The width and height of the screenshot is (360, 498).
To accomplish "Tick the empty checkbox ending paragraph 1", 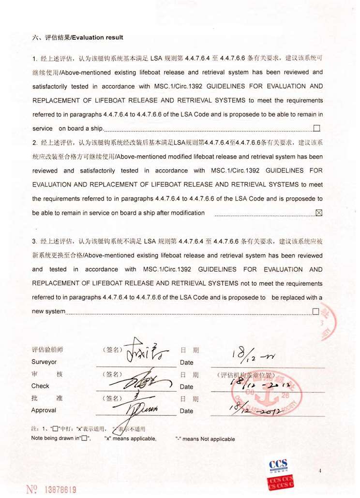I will [x=317, y=128].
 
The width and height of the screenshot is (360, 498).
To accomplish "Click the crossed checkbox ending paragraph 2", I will [x=318, y=213].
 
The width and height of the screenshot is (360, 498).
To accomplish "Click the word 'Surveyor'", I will [x=44, y=362].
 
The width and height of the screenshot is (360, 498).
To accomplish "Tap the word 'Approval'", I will [x=44, y=410].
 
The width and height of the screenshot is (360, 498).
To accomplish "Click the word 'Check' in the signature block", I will [x=40, y=386].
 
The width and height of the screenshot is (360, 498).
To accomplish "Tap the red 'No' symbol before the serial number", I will [x=32, y=489].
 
